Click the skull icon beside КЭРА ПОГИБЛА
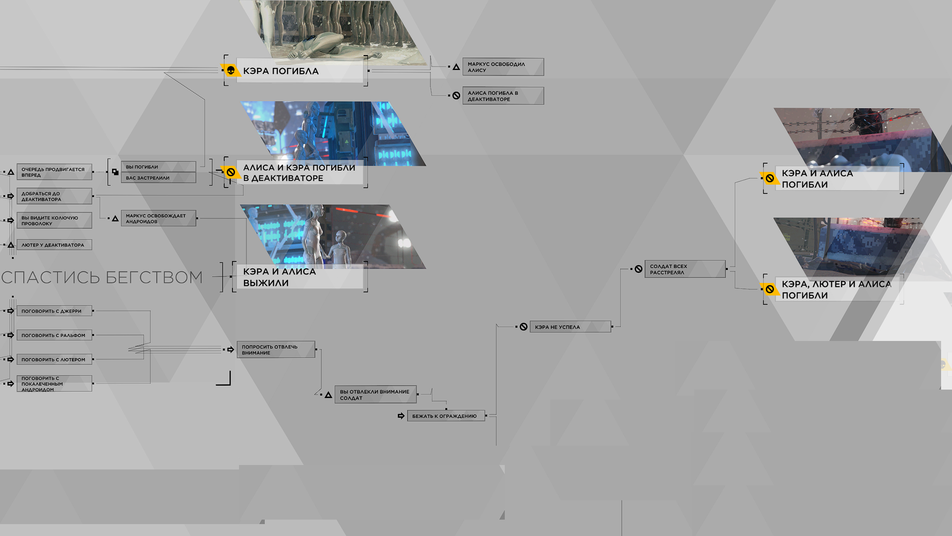click(231, 71)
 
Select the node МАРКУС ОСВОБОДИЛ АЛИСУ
click(503, 67)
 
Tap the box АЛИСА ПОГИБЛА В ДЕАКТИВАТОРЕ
click(503, 96)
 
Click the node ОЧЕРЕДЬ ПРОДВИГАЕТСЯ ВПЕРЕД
click(54, 172)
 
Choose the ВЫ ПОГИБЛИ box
click(158, 167)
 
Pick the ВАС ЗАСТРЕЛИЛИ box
click(158, 178)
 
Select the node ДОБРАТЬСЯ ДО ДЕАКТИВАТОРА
click(54, 196)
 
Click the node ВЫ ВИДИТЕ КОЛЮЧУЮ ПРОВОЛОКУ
click(54, 220)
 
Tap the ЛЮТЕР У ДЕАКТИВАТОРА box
click(54, 245)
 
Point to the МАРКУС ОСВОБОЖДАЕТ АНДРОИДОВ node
click(158, 218)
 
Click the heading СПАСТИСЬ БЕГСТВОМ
click(102, 277)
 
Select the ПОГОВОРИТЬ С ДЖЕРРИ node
click(54, 311)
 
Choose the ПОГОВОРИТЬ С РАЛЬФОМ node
click(54, 335)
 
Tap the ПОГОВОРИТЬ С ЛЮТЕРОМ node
click(54, 359)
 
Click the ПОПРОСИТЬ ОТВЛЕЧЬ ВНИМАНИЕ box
click(276, 349)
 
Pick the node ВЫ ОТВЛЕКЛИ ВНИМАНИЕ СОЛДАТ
click(375, 395)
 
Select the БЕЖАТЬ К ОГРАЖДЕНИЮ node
click(446, 416)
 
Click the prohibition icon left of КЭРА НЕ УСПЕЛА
click(524, 327)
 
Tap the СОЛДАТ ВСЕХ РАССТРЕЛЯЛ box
click(685, 269)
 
